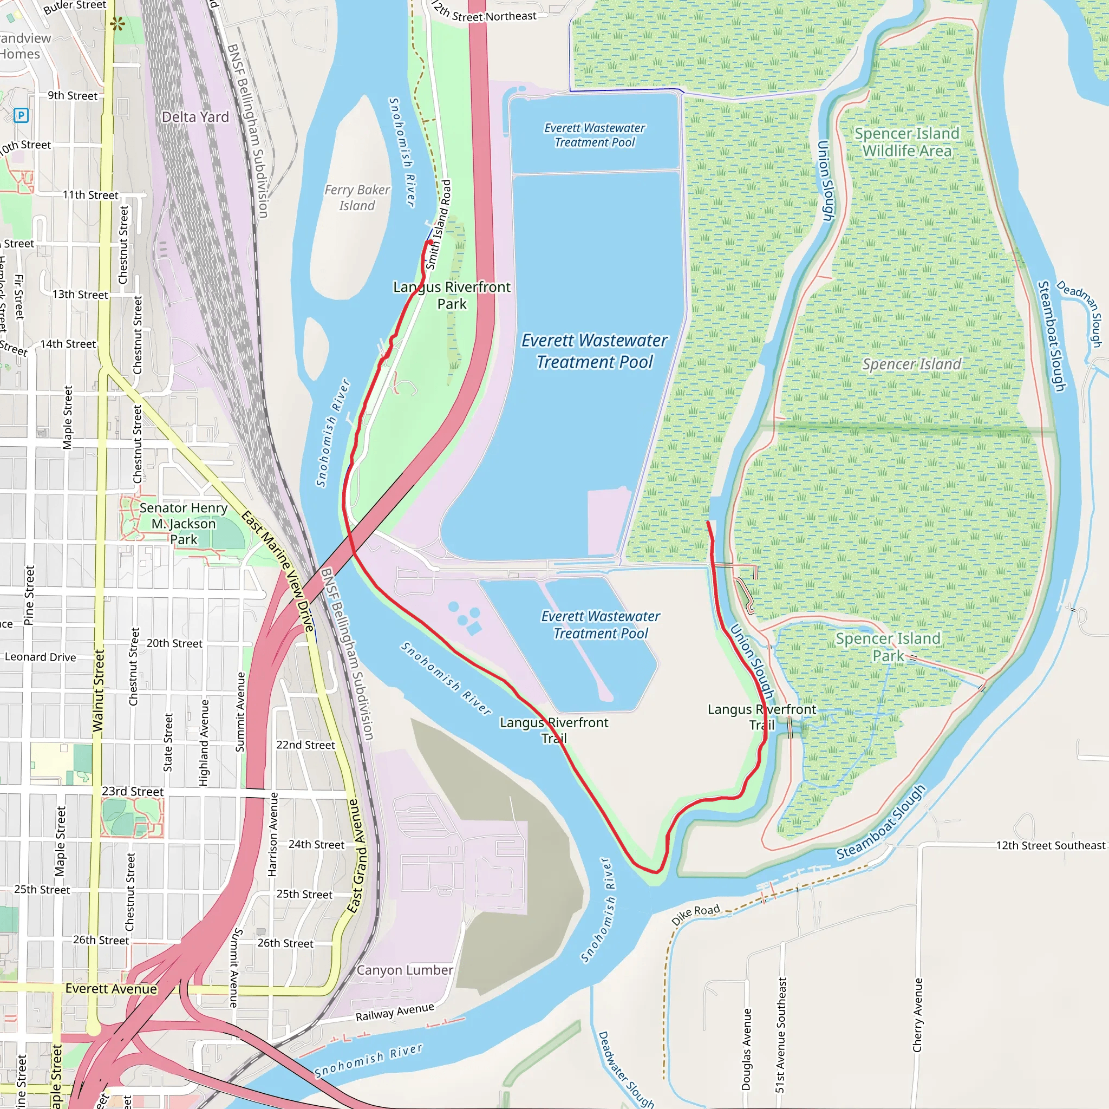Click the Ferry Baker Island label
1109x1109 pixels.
pyautogui.click(x=356, y=198)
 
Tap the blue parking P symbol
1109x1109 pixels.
pyautogui.click(x=21, y=115)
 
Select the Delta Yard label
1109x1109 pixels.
pyautogui.click(x=195, y=117)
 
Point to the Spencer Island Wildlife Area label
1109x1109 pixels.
pyautogui.click(x=907, y=142)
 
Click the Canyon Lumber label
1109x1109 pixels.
pyautogui.click(x=405, y=970)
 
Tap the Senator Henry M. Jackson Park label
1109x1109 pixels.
pyautogui.click(x=184, y=524)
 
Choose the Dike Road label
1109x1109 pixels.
pyautogui.click(x=695, y=915)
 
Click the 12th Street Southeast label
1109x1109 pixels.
pyautogui.click(x=1050, y=845)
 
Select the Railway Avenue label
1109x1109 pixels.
pyautogui.click(x=394, y=1012)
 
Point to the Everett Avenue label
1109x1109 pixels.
pyautogui.click(x=111, y=988)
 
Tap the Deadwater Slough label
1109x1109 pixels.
pyautogui.click(x=625, y=1069)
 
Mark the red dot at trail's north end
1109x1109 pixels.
pyautogui.click(x=430, y=242)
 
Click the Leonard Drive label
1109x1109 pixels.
pyautogui.click(x=40, y=657)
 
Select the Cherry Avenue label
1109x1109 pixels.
pyautogui.click(x=917, y=1015)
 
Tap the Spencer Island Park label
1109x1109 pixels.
pyautogui.click(x=888, y=647)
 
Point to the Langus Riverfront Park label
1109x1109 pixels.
pyautogui.click(x=452, y=295)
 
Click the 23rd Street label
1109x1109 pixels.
pyautogui.click(x=133, y=792)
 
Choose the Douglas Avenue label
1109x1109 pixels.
pyautogui.click(x=746, y=1049)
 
